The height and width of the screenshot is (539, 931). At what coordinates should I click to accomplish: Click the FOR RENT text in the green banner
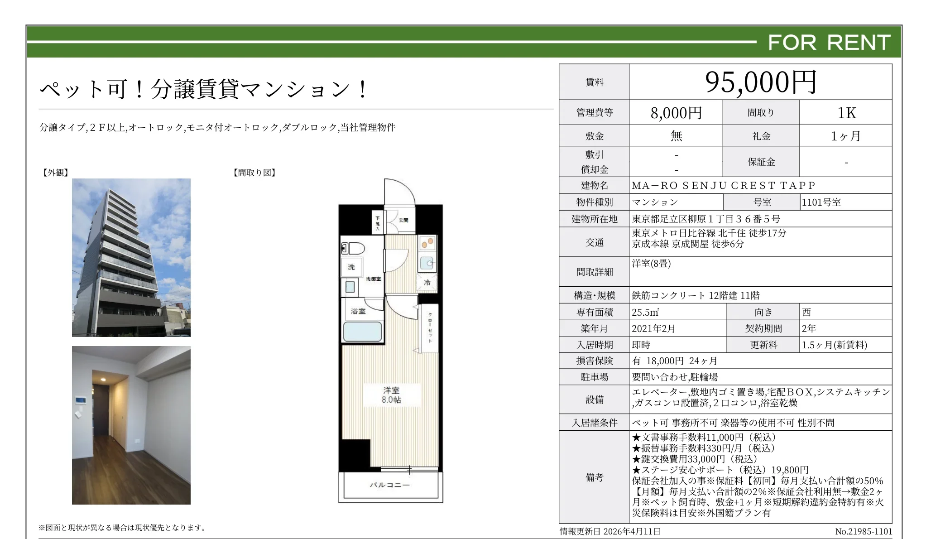[829, 42]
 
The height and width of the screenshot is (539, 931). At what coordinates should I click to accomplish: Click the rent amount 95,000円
[761, 82]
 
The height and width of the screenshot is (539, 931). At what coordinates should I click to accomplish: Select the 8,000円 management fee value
[676, 113]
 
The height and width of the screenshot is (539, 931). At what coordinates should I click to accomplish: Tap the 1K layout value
[846, 113]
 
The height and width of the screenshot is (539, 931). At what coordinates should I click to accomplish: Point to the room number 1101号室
[821, 202]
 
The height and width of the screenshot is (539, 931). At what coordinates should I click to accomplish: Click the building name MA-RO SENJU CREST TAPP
[723, 185]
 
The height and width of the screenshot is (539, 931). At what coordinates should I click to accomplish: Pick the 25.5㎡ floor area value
[645, 312]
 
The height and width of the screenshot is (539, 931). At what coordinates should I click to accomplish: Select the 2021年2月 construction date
[653, 328]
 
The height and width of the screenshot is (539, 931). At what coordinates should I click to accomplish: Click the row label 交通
[595, 242]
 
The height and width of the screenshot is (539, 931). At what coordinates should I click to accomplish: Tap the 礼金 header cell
[761, 136]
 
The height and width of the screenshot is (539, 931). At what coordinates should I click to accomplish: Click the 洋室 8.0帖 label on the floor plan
[391, 395]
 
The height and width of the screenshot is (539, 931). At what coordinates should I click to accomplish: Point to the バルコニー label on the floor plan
[390, 485]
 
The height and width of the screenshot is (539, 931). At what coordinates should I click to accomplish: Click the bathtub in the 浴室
[362, 332]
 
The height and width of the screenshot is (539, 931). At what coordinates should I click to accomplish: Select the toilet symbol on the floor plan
[353, 248]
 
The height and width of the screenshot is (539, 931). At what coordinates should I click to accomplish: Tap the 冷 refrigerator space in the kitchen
[427, 282]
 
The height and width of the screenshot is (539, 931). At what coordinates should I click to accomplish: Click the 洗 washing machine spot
[351, 267]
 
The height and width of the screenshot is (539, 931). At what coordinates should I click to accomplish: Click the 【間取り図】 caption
[254, 173]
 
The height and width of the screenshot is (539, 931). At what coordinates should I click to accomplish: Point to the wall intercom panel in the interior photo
[81, 400]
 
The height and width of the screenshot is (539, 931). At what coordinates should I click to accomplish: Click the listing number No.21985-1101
[864, 531]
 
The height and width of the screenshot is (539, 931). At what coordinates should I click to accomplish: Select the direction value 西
[806, 312]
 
